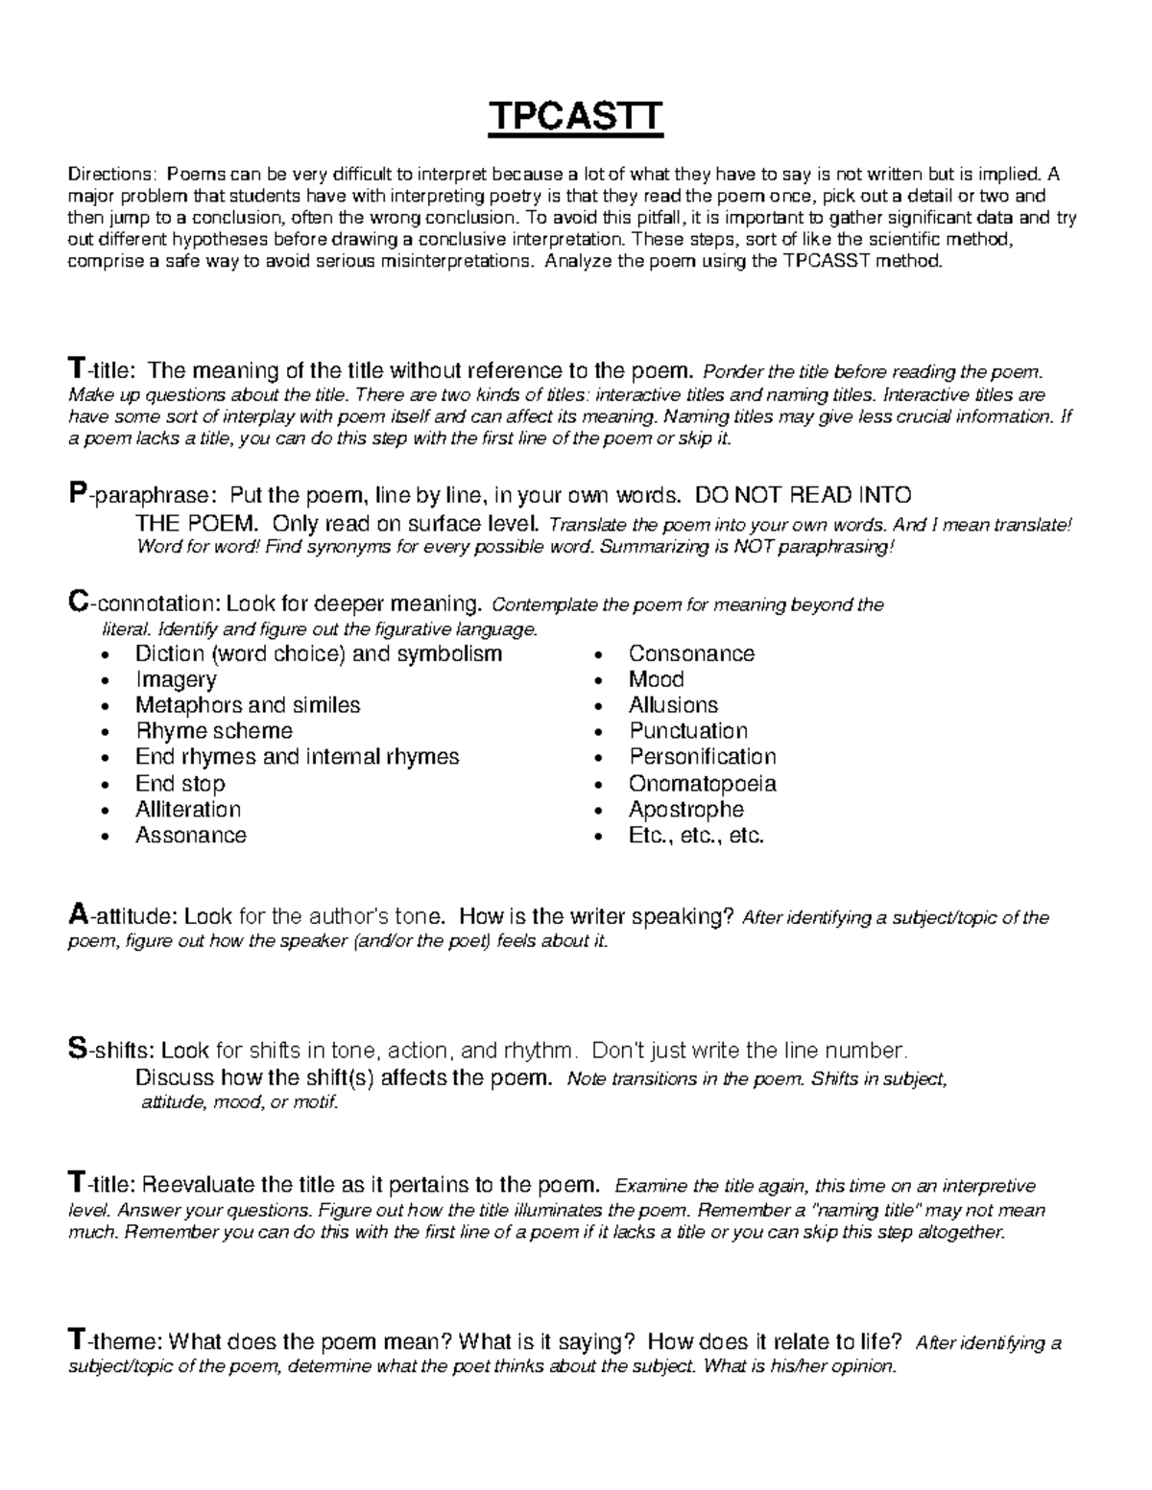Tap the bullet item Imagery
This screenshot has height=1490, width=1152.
point(176,679)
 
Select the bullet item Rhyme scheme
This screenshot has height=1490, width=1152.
point(213,731)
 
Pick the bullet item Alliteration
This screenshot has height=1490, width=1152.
point(188,809)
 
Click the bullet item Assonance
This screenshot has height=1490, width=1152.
point(191,835)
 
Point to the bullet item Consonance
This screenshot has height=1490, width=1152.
point(691,653)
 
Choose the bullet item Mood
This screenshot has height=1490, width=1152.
point(656,679)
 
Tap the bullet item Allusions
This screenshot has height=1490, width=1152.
point(673,705)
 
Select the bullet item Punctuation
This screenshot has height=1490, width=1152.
point(687,731)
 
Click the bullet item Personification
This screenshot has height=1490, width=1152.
point(702,757)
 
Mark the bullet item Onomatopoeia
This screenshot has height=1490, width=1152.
point(702,783)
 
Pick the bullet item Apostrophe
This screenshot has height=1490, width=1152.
point(685,809)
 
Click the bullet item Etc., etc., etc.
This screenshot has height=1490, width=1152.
point(696,835)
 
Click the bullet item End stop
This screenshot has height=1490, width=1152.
point(180,783)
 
